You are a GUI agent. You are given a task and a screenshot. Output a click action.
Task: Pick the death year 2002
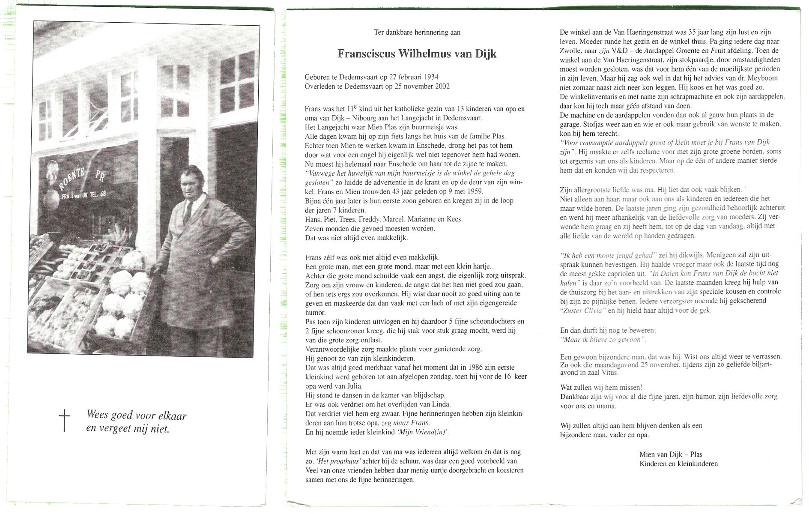click(442, 86)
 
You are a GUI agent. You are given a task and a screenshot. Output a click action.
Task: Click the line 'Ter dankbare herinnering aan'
click(417, 32)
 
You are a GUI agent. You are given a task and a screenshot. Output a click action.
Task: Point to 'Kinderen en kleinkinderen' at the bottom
click(678, 463)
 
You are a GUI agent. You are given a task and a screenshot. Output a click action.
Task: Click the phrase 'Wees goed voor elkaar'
click(136, 415)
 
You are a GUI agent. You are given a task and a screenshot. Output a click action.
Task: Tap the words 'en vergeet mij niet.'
click(128, 428)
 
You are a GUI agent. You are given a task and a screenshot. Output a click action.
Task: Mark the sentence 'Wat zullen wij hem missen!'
click(601, 388)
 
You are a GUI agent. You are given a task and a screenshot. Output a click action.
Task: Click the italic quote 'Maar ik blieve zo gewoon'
click(603, 340)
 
